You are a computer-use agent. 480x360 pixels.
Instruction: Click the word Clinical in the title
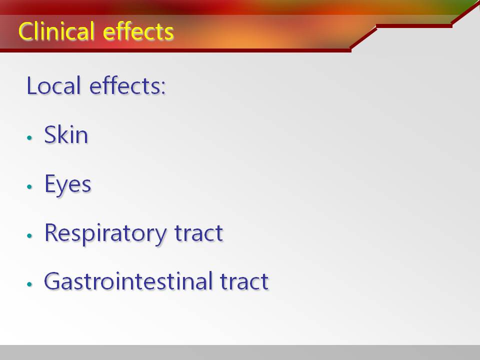tap(56, 31)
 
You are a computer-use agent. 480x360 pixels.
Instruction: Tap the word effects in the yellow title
tap(138, 31)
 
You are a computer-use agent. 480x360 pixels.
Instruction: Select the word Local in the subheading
tap(53, 85)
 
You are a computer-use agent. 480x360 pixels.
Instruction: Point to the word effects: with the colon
tap(127, 85)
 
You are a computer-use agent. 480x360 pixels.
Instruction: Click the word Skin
tap(66, 134)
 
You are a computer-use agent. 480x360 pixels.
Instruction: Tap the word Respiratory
tap(105, 233)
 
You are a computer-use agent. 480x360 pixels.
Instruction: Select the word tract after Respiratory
tap(198, 233)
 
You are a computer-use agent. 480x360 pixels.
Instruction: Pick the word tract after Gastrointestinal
tap(244, 281)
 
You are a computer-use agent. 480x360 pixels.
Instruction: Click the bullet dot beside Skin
tap(29, 137)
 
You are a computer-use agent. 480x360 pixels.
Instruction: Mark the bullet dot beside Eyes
tap(29, 186)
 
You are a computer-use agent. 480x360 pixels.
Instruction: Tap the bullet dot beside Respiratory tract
tap(29, 235)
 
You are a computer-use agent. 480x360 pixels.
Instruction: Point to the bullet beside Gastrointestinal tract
tap(29, 284)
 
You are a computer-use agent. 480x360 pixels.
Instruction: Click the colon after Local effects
tap(163, 87)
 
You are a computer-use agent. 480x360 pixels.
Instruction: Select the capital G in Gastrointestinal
tap(52, 280)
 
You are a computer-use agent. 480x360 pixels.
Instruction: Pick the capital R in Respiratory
tap(51, 232)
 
